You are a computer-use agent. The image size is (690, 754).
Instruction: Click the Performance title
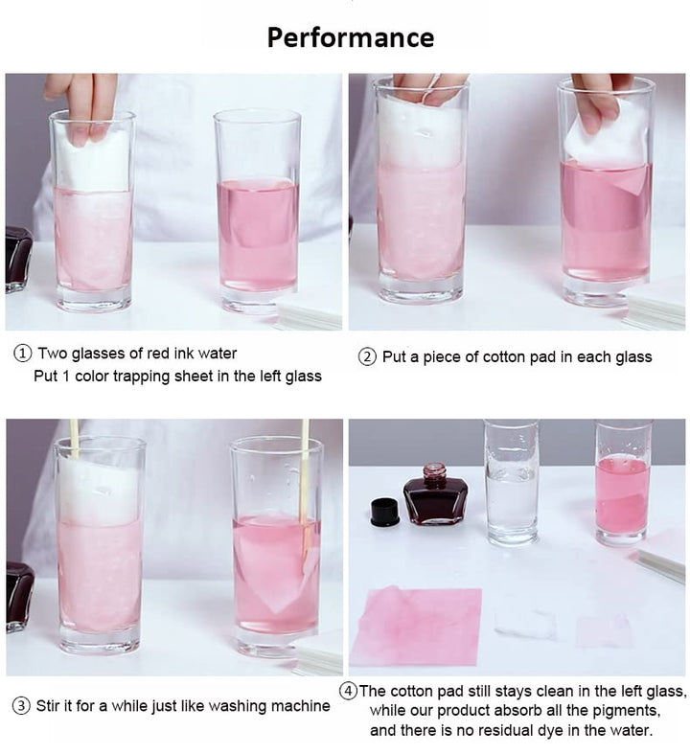point(351,38)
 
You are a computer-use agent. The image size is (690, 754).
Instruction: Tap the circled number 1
point(23,354)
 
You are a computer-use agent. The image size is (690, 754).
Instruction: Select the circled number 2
point(367,357)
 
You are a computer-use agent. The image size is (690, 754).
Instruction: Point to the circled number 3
point(21,706)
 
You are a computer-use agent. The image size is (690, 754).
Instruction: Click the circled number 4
point(348,691)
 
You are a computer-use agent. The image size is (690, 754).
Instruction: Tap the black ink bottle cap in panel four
point(385,512)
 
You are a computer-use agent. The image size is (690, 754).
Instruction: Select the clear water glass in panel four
point(512,482)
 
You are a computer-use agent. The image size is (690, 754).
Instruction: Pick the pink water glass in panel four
point(623,482)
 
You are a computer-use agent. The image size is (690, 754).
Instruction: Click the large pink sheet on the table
point(417,626)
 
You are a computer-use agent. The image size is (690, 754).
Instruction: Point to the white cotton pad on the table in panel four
point(525,624)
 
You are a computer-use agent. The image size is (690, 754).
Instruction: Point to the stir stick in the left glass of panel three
point(74,439)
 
